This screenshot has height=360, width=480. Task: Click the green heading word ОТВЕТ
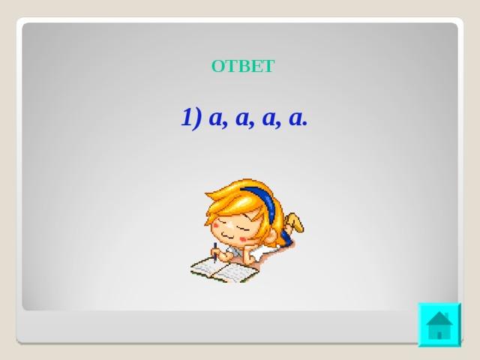click(x=243, y=66)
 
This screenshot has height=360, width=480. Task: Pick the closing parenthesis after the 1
click(x=196, y=118)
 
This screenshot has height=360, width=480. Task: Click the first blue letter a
click(x=216, y=118)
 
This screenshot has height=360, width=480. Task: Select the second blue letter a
click(x=242, y=118)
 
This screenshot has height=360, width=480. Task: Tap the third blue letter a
click(x=269, y=118)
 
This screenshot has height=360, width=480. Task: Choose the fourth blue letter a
click(x=295, y=118)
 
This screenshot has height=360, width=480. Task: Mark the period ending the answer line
click(x=304, y=124)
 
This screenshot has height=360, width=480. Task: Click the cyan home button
click(x=439, y=325)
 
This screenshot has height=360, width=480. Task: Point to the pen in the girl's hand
click(x=215, y=252)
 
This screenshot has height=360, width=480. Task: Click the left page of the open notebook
click(x=205, y=267)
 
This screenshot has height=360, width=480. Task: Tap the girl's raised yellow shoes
click(x=294, y=222)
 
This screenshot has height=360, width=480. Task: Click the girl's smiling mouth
click(x=227, y=236)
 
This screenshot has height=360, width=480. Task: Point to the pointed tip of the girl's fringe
click(x=206, y=193)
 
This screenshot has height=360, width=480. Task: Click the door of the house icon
click(x=439, y=335)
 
